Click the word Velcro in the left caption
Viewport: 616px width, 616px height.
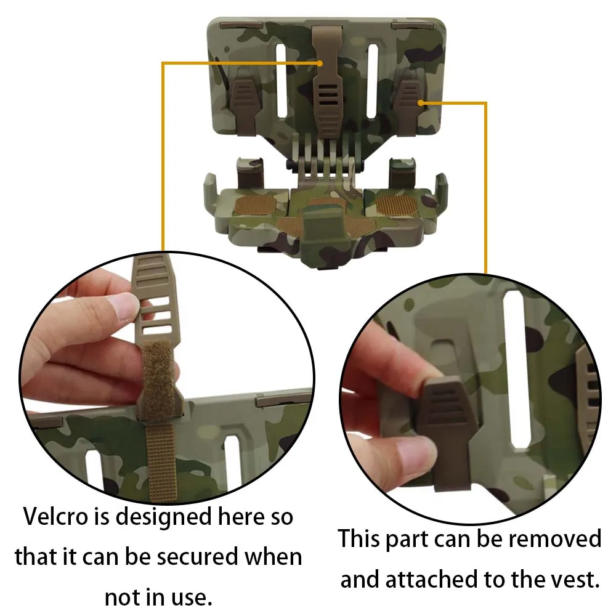click(55, 516)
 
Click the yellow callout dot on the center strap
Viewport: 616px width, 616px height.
click(320, 63)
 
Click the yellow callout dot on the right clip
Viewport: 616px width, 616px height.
click(421, 103)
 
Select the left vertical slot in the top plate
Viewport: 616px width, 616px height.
click(282, 80)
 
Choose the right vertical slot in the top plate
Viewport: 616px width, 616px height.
click(373, 81)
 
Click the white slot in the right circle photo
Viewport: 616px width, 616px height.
click(517, 369)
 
